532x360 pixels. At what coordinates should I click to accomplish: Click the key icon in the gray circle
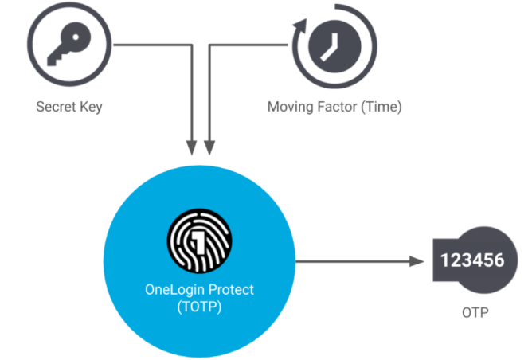pos(69,47)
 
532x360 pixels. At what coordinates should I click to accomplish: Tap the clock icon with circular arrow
pos(330,46)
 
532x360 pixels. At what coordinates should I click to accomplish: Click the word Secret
pos(54,107)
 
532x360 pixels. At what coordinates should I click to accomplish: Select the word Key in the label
pos(91,107)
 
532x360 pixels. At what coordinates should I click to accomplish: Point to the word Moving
pos(291,107)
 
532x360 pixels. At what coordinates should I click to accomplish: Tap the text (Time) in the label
pos(381,107)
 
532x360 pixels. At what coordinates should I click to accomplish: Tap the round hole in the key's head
pos(79,37)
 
